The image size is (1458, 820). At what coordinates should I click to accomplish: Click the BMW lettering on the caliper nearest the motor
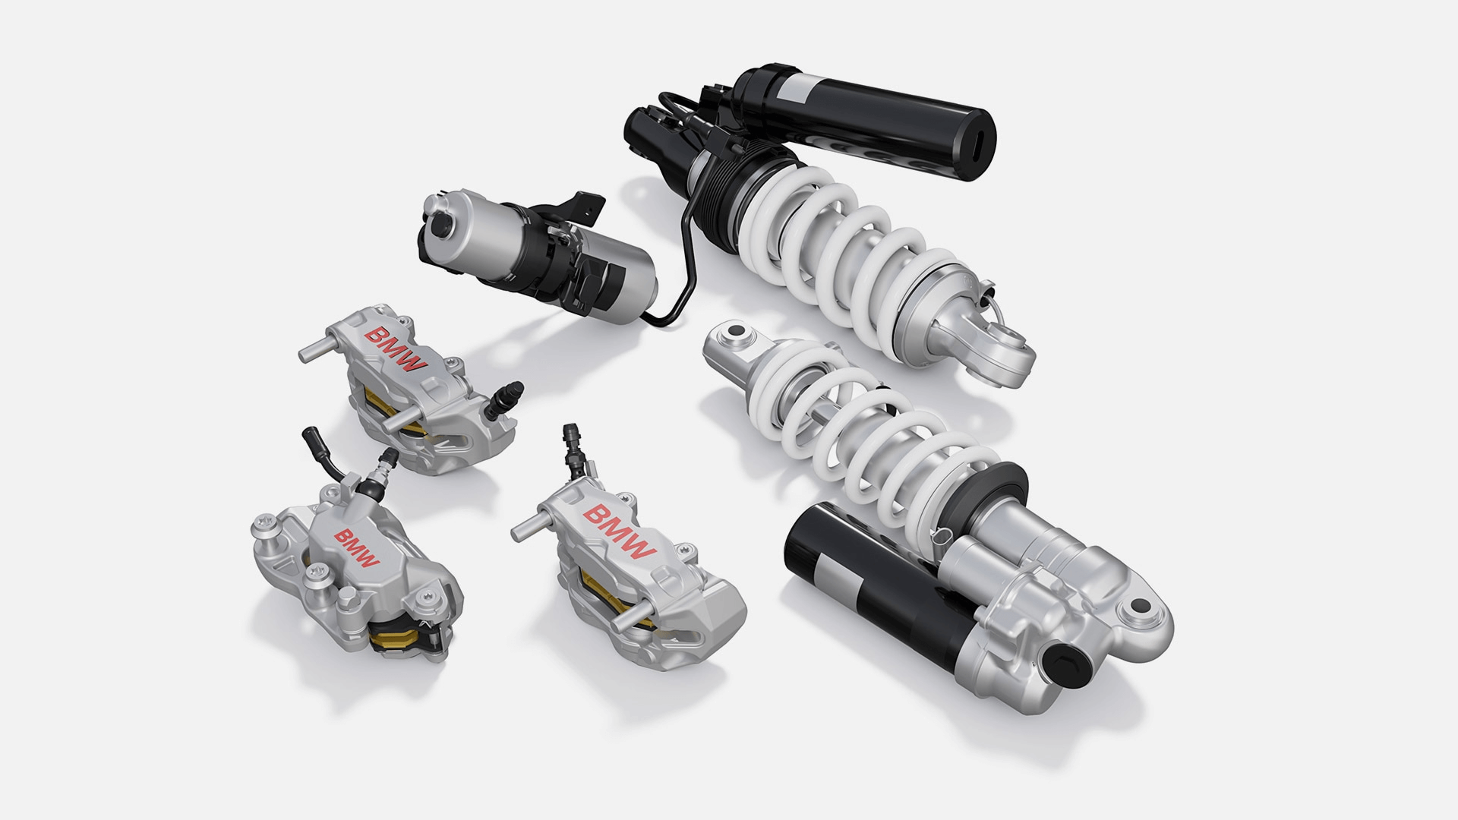click(396, 349)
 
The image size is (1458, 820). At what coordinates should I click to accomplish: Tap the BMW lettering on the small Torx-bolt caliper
click(356, 548)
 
